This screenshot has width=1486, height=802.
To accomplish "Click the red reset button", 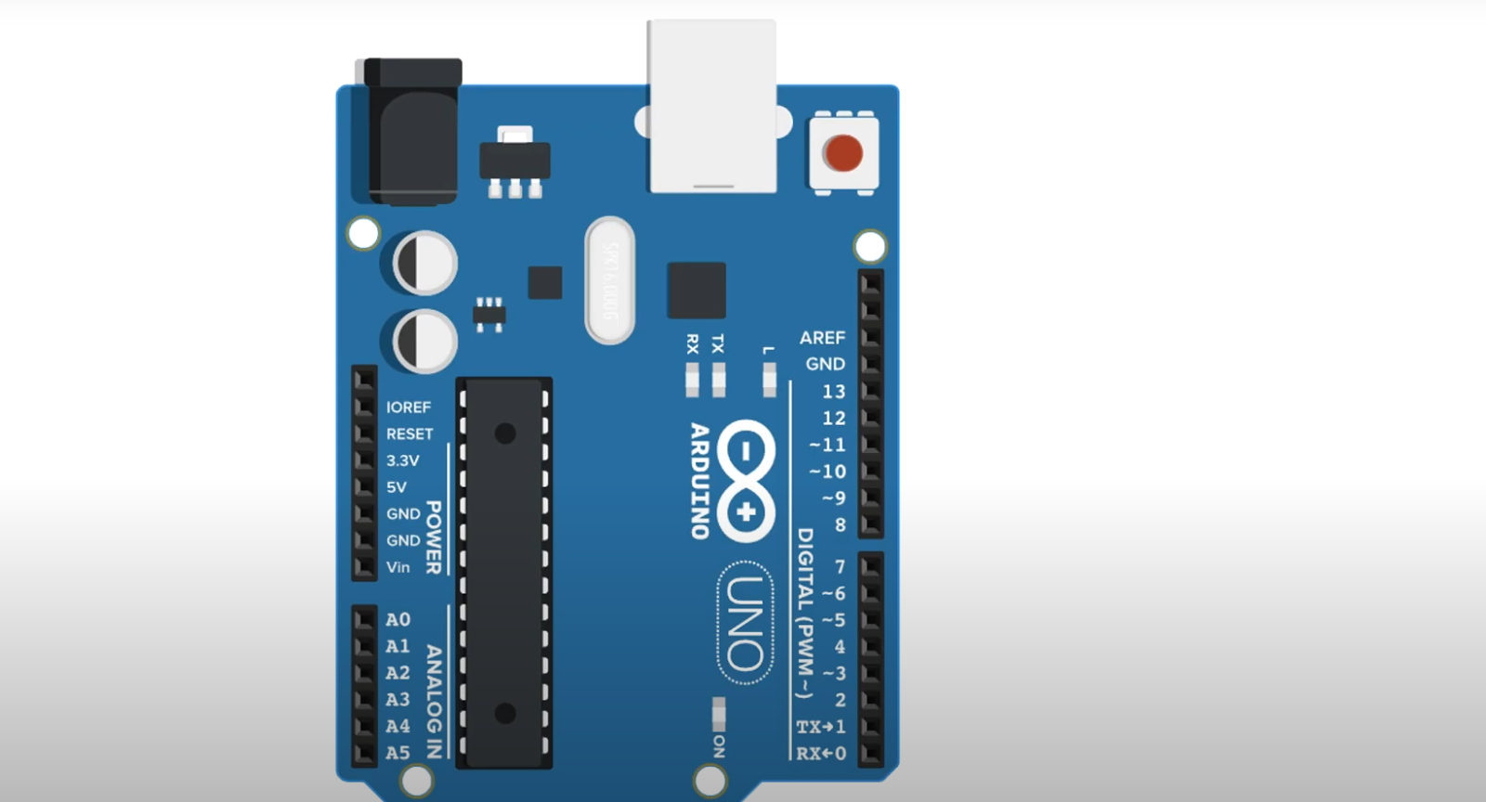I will tap(843, 153).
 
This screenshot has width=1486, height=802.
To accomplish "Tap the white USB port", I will tap(712, 107).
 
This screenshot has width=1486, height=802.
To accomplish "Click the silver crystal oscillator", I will tap(609, 280).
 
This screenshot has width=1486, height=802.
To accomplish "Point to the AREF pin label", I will tap(822, 338).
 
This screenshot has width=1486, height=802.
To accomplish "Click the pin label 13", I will tap(834, 392).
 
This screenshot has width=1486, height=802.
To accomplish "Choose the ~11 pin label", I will tap(828, 446).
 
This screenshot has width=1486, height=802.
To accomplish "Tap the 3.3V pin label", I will tap(403, 460).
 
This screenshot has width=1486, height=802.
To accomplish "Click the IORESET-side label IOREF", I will tap(409, 407).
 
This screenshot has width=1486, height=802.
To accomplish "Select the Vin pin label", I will tap(398, 567).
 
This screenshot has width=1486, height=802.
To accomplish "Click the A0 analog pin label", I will tap(398, 620).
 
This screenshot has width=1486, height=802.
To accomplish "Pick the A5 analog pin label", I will tap(398, 753).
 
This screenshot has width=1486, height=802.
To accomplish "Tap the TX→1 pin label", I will tap(821, 727).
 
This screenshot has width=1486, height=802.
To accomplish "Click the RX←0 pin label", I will tap(821, 754).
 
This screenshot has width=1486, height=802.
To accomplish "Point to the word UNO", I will tap(746, 623).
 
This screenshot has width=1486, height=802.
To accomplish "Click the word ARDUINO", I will tap(700, 481).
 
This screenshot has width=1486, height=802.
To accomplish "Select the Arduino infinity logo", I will tap(746, 481).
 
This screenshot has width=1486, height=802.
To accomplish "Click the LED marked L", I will tap(769, 379).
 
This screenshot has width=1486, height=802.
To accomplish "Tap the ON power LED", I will tap(718, 714).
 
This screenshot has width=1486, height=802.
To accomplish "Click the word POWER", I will tap(434, 537).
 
